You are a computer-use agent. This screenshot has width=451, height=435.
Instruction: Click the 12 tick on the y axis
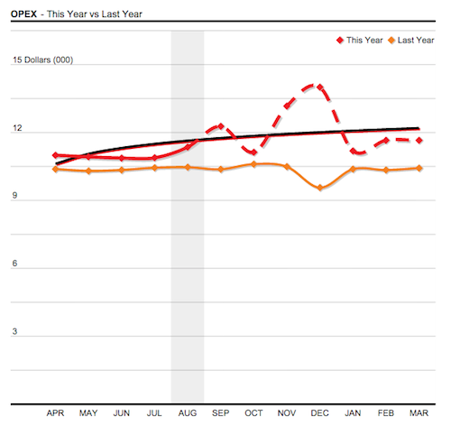tap(16, 129)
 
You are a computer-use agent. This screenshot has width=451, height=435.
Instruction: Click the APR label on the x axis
tap(56, 412)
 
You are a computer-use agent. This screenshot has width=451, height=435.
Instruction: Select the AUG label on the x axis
tap(188, 412)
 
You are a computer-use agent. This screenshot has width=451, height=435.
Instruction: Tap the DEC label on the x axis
tap(319, 412)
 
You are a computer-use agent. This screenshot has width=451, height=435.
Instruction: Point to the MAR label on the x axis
tap(419, 412)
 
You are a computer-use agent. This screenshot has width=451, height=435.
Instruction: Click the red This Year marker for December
tap(319, 87)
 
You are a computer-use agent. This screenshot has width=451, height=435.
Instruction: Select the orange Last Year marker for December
tap(319, 188)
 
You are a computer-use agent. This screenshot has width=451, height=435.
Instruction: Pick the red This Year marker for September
tap(221, 126)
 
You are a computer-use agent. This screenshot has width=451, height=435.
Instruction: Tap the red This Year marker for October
tap(253, 152)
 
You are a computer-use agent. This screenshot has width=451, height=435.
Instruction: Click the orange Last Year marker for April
tap(56, 169)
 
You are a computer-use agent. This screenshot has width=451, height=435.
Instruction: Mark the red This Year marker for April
tap(56, 155)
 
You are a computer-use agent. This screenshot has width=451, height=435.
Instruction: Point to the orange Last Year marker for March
tap(419, 169)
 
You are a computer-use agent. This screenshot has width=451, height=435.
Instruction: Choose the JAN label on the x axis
tap(353, 412)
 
